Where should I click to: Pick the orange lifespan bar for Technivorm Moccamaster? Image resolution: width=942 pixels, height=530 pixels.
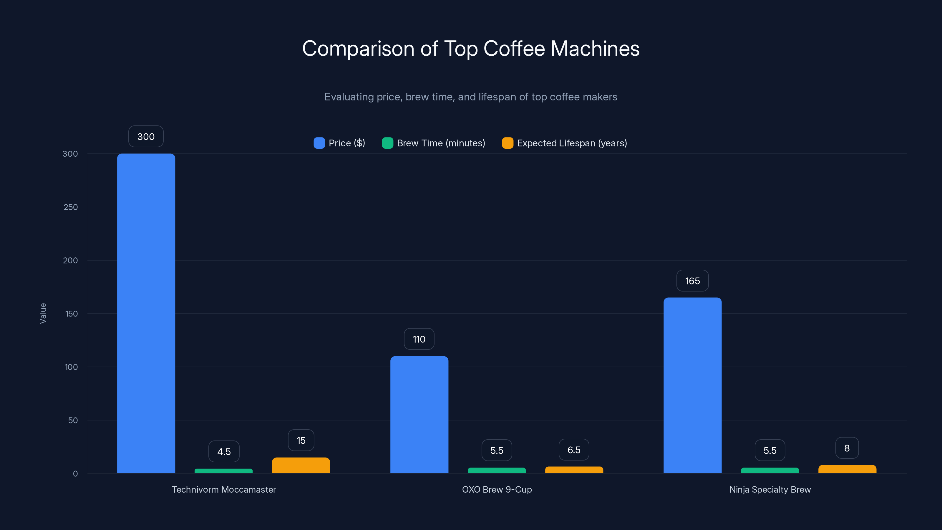(x=301, y=465)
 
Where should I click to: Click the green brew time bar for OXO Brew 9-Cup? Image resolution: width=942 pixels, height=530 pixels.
(x=497, y=471)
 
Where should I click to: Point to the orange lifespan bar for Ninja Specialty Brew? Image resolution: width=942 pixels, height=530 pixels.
(x=847, y=469)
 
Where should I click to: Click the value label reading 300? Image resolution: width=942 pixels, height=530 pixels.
(x=146, y=136)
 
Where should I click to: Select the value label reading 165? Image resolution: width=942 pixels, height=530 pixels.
(x=692, y=281)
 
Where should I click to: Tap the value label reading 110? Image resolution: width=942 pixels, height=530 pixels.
(x=419, y=339)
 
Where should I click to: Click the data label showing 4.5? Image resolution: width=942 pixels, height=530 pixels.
(x=224, y=451)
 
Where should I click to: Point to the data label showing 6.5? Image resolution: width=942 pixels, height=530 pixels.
(x=574, y=450)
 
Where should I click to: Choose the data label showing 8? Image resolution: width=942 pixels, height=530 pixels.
(x=847, y=448)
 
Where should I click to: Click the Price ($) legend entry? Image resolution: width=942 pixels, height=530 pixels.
(x=339, y=143)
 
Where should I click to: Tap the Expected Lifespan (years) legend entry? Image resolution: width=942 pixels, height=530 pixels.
(x=565, y=143)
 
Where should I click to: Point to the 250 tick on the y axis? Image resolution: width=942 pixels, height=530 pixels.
(x=71, y=207)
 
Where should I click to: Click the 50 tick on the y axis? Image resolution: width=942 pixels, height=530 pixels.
(x=73, y=420)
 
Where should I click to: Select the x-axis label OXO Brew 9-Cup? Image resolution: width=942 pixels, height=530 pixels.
(x=497, y=489)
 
